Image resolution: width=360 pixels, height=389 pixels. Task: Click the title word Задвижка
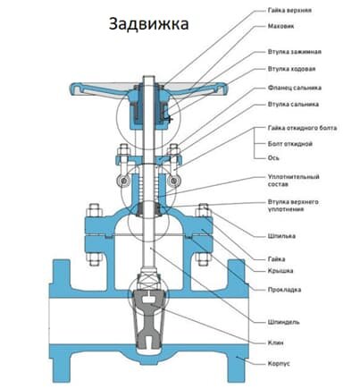[149, 24]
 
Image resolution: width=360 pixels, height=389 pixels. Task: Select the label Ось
[273, 157]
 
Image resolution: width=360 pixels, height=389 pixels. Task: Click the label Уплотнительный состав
[290, 183]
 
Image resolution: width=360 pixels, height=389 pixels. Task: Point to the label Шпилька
[283, 236]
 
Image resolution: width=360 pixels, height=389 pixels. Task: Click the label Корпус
[280, 364]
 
